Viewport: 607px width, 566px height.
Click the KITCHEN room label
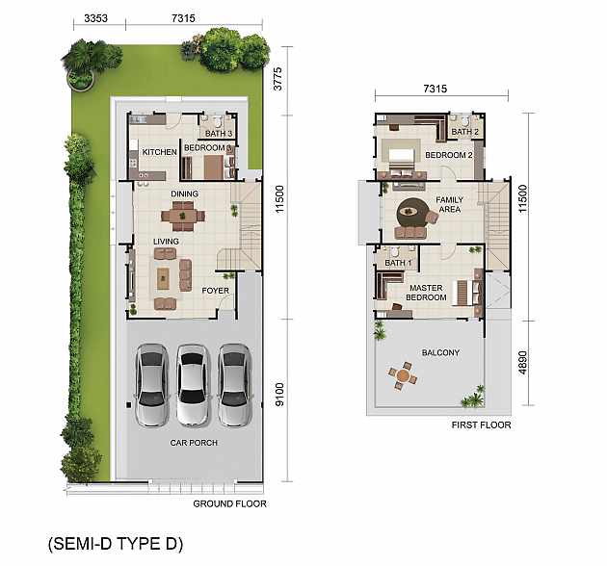[160, 152]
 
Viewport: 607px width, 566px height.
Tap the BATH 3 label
[219, 134]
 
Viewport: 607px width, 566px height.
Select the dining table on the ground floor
[183, 216]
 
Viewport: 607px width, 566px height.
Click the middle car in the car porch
[193, 385]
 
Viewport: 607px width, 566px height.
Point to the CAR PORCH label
[194, 443]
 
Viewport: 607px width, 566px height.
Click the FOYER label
[215, 291]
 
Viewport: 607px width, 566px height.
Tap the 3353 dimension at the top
[95, 18]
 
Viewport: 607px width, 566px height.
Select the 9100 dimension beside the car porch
[279, 395]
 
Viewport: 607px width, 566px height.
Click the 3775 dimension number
[277, 79]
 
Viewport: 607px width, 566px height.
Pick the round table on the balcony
[404, 375]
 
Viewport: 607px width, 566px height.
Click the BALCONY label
[440, 352]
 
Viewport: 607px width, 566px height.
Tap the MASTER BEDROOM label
[426, 293]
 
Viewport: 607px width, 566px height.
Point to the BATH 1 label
[398, 263]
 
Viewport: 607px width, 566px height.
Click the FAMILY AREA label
[449, 204]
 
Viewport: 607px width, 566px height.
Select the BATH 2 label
[465, 132]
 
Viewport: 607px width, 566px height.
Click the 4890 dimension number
[522, 363]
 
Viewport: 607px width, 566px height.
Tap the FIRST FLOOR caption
[481, 424]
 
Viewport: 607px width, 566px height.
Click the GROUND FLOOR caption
[229, 503]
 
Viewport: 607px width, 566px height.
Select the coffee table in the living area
[163, 278]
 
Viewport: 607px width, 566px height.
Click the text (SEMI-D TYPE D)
[116, 544]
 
